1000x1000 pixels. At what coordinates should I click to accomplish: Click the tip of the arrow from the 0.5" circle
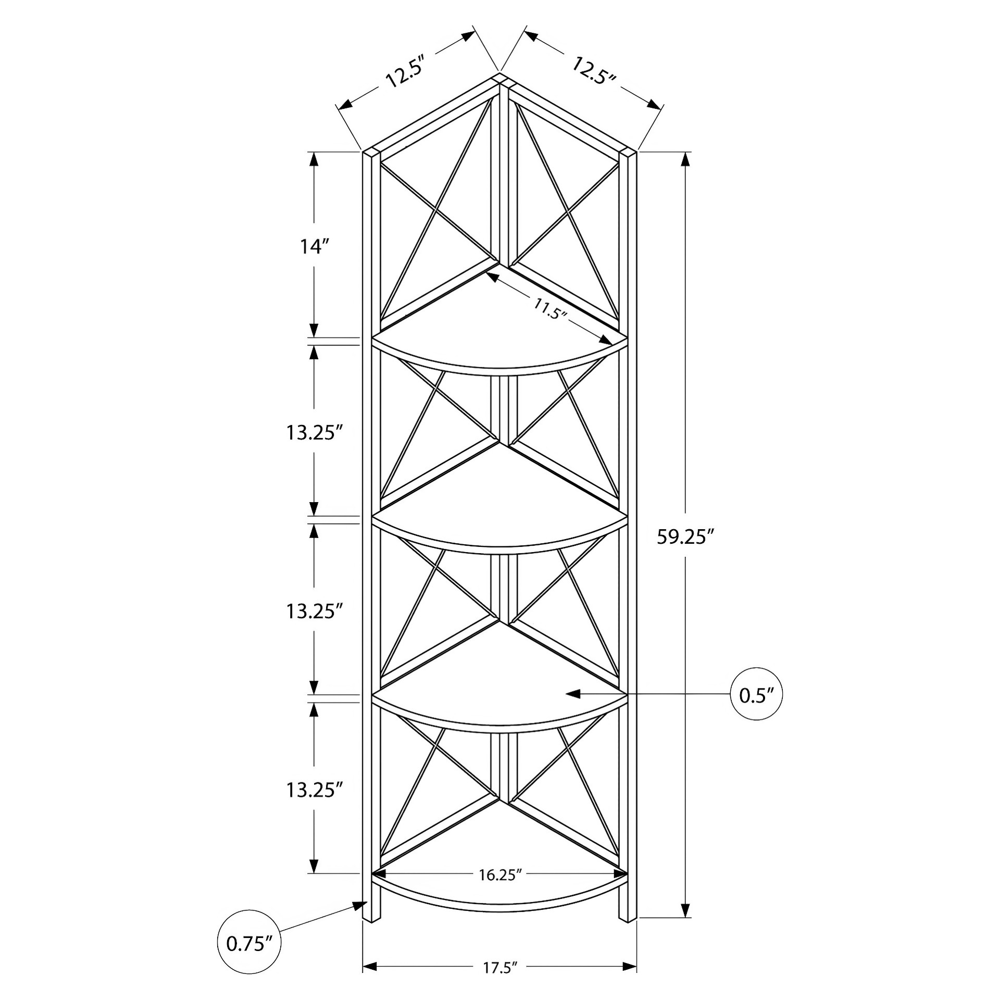(x=566, y=694)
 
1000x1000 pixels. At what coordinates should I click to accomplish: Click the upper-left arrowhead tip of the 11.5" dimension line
(x=486, y=274)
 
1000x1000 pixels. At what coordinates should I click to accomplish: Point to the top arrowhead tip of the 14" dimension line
(x=314, y=153)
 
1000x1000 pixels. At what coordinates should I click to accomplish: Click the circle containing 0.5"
(x=757, y=694)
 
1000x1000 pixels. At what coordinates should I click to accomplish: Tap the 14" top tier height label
(x=314, y=246)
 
